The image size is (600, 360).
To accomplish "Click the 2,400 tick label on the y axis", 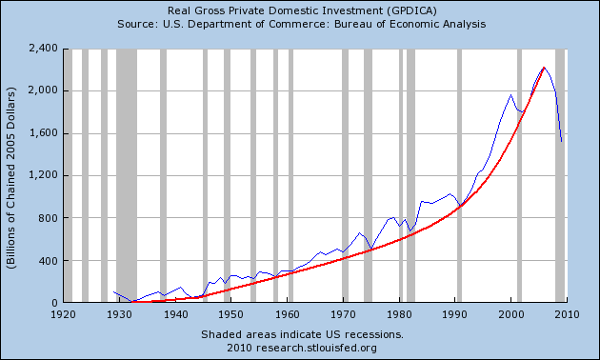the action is pos(43,49).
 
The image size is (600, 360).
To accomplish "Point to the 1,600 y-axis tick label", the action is pos(43,133).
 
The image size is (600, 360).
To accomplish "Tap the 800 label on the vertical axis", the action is pos(48,218).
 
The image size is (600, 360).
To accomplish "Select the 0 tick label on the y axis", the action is pos(54,303).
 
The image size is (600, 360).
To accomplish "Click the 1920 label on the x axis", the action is pos(63,314).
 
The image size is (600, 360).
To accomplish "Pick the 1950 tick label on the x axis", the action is pos(230,314).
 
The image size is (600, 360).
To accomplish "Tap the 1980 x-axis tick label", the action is pos(399,314).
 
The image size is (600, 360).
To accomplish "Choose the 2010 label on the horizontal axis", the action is pos(567,314).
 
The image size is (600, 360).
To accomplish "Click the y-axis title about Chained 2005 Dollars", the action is pos(11,178).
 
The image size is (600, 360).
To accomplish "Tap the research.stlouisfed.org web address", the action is pos(316,349).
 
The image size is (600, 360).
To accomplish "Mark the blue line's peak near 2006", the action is pos(544,68).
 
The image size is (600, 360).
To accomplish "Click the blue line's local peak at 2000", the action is pos(510,95).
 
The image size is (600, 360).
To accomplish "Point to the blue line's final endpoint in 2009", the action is pos(561,142).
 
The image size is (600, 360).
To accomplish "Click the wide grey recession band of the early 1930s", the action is pos(127,175).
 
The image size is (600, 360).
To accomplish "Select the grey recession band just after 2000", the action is pos(519,175).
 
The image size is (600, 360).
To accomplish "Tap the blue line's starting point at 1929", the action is pos(113,291).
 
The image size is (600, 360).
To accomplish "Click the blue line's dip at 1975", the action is pos(370,250).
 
